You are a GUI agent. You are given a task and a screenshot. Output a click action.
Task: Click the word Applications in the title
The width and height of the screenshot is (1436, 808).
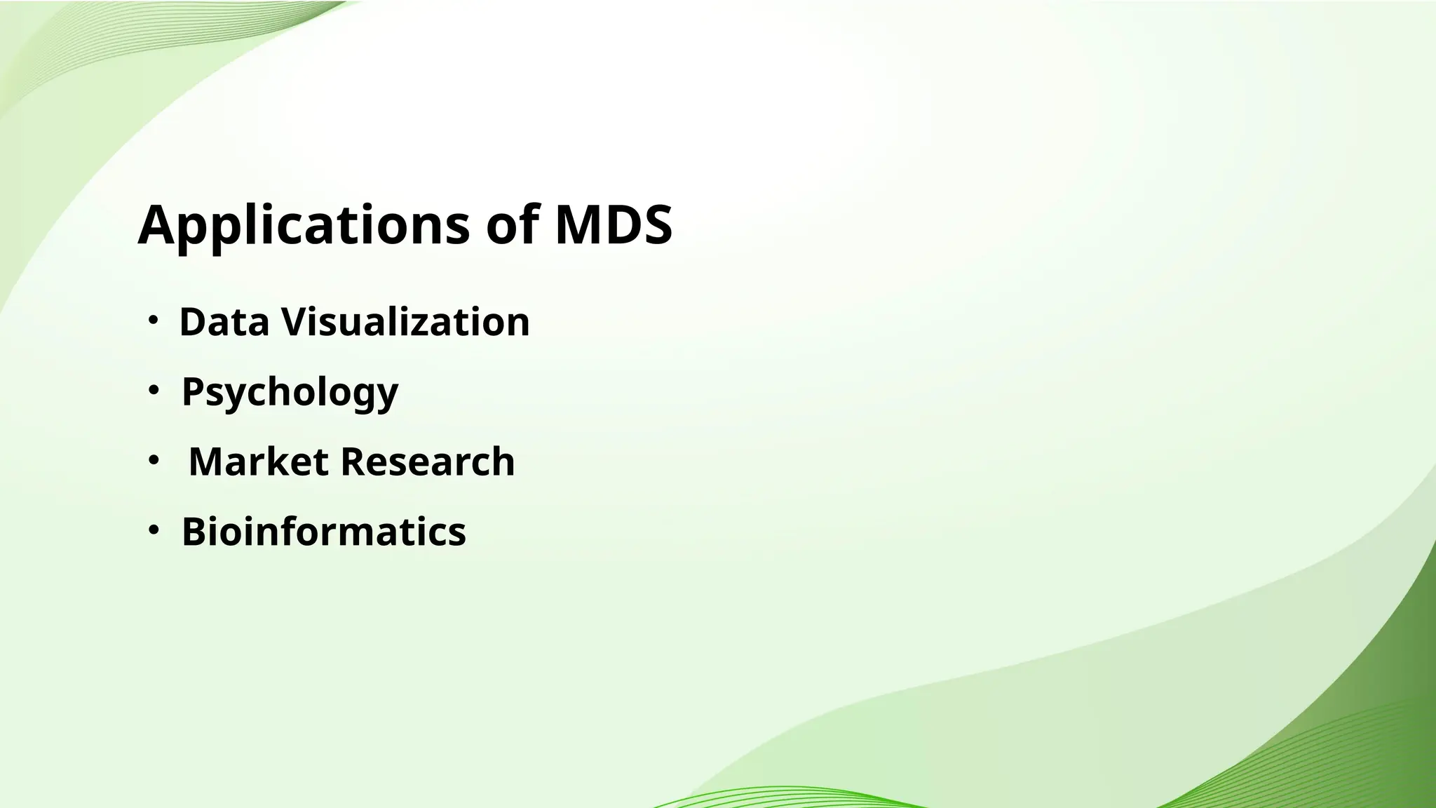tap(304, 226)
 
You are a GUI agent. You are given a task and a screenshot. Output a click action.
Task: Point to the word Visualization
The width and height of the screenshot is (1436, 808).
tap(405, 323)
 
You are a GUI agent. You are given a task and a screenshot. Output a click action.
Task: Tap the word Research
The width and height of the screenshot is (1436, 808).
tap(428, 462)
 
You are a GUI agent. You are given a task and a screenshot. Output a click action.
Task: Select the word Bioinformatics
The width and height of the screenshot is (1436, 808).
tap(323, 532)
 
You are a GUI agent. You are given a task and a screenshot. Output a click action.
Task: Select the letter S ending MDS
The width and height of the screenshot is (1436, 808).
tap(656, 226)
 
